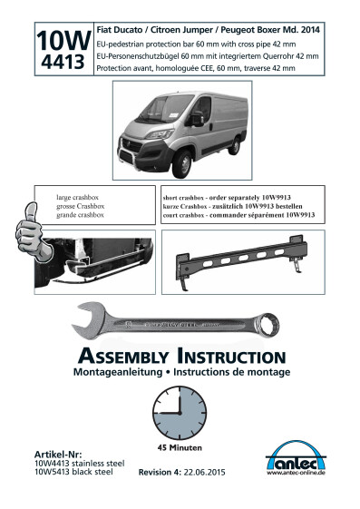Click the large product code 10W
tap(63, 41)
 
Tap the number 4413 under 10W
tap(63, 62)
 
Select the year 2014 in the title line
tap(310, 30)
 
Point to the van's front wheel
tap(183, 163)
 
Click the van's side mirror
tap(197, 119)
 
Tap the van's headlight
tap(160, 134)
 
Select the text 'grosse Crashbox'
tap(81, 206)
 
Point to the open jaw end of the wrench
tap(88, 319)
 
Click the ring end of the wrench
tap(267, 325)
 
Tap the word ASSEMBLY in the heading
tap(123, 356)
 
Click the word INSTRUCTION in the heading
tap(231, 356)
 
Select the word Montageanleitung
tap(118, 372)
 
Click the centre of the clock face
tap(180, 413)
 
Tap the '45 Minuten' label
tap(180, 448)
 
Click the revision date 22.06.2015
tap(204, 473)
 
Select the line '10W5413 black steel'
tap(73, 472)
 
